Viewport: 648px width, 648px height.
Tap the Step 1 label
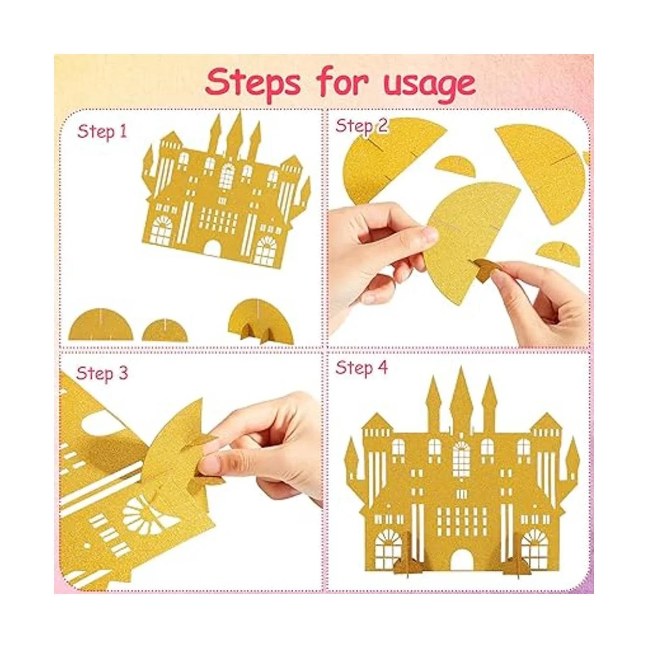tap(102, 131)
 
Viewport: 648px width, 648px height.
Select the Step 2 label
tap(361, 126)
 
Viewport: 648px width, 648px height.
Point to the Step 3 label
tap(102, 373)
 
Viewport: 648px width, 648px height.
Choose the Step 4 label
tap(361, 367)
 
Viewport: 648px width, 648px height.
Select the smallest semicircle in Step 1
tap(165, 331)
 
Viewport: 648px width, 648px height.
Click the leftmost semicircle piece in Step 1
tap(101, 325)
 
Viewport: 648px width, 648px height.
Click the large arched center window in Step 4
tap(461, 460)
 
